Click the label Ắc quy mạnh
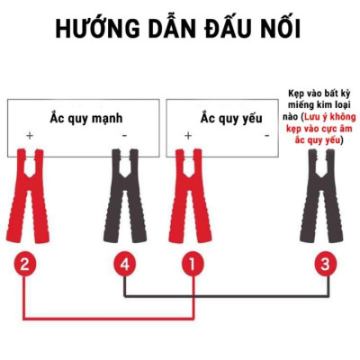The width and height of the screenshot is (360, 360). (x=85, y=118)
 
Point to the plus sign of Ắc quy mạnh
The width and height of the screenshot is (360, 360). (x=30, y=136)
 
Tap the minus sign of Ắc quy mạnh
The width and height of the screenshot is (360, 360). (x=123, y=136)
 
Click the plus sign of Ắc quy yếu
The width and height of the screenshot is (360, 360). (x=188, y=136)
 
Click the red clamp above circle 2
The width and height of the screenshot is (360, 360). (x=30, y=193)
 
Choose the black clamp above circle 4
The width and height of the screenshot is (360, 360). (x=125, y=193)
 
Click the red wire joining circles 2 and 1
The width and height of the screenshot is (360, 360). (x=108, y=317)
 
